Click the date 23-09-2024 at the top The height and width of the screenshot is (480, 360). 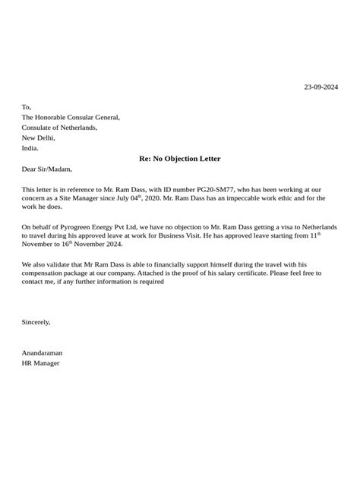tap(321, 87)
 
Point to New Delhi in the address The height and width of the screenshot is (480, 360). tap(39, 138)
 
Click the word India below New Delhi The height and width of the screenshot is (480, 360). tap(30, 149)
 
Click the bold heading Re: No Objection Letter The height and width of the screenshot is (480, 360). tap(180, 159)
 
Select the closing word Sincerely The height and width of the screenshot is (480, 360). tap(36, 322)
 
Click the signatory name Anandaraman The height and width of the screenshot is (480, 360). tap(43, 352)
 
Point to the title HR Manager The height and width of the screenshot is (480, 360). tap(40, 363)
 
